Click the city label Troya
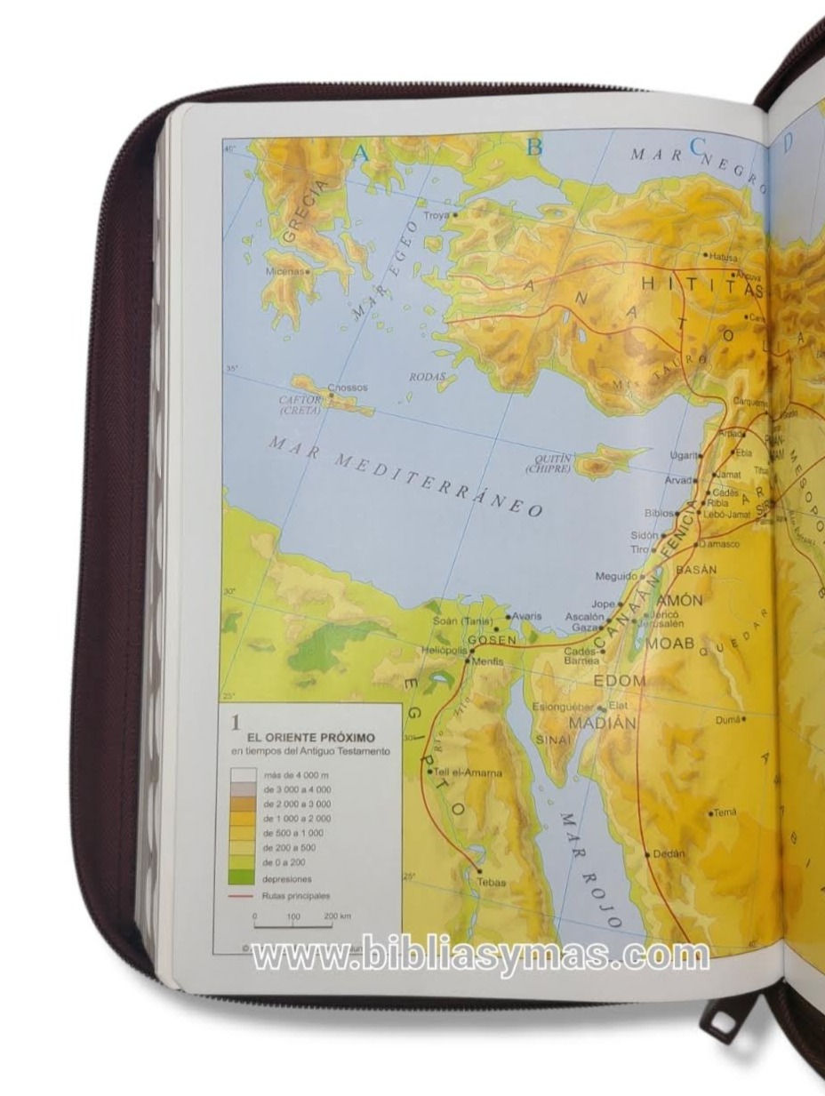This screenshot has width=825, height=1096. pos(437,215)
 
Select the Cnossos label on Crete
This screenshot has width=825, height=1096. pos(348,388)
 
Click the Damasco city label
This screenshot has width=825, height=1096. pos(720,543)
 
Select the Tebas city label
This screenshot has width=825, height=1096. pos(491,882)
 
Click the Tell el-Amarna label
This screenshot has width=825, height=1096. pos(469,772)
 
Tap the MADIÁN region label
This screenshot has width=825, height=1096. pos(602,724)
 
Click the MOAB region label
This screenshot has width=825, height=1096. pos(669,643)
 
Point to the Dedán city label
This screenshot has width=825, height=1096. pos(669,853)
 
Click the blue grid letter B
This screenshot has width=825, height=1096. pos(533,148)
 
